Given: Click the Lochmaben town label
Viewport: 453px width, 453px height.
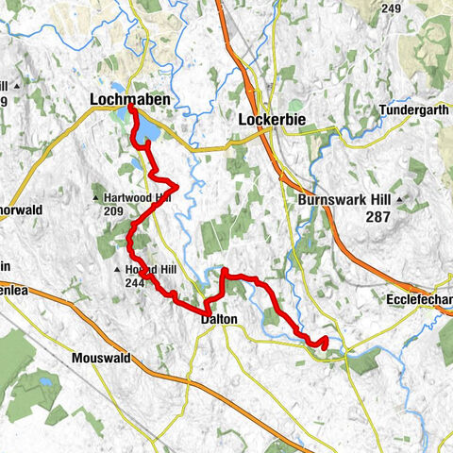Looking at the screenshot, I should point(125,97).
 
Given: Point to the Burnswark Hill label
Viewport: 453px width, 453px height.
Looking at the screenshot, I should point(344,200).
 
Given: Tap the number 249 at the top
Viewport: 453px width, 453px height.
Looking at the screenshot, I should point(366,8).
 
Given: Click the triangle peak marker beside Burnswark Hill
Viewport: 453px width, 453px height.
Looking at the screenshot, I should point(400,200).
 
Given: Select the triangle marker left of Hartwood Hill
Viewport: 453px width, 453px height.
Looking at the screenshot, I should point(97,197).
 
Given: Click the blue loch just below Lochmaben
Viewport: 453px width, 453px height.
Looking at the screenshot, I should point(144,133).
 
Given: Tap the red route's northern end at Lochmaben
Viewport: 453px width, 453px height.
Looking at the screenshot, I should point(130,109).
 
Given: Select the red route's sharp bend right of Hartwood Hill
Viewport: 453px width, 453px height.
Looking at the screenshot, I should point(176,184).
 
